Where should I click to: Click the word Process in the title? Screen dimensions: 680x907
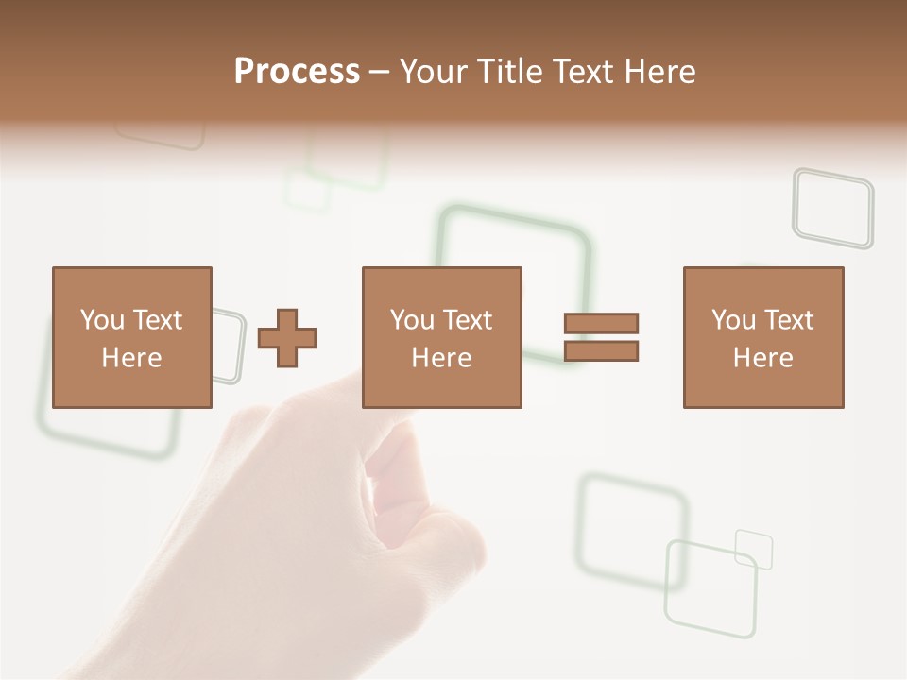[297, 72]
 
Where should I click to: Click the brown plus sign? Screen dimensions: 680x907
[287, 337]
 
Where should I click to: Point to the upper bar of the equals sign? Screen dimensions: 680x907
[601, 323]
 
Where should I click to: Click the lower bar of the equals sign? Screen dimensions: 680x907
[601, 351]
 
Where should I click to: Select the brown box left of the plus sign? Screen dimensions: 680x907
[131, 337]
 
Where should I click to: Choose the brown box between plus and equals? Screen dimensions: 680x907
[441, 337]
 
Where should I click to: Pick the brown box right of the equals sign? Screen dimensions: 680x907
[762, 337]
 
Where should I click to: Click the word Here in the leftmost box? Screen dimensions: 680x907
[131, 358]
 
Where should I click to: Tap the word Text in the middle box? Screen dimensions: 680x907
[468, 320]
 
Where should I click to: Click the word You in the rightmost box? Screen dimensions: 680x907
[734, 320]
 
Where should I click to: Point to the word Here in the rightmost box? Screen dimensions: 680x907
[762, 358]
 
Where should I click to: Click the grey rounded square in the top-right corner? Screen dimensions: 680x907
[832, 208]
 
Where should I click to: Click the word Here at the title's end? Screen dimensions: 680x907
[660, 72]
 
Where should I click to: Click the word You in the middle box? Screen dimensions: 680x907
[412, 320]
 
